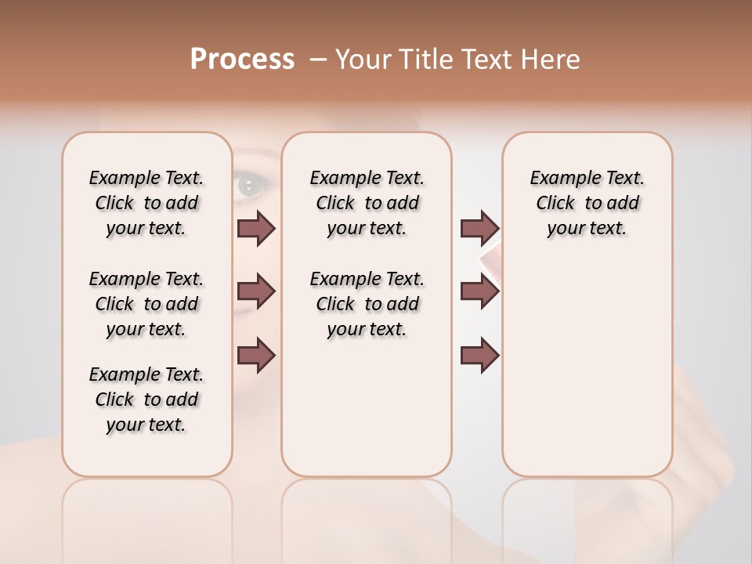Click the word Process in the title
click(242, 59)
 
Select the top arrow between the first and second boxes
click(256, 228)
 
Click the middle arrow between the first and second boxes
click(256, 291)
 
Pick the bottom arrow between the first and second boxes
click(256, 355)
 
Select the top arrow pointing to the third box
click(479, 228)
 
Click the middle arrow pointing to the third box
click(479, 291)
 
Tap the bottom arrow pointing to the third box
click(479, 355)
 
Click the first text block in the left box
click(146, 203)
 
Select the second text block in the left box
click(146, 304)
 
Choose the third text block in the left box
click(146, 399)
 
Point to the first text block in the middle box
click(367, 203)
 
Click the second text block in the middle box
click(367, 304)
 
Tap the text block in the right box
click(587, 203)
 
